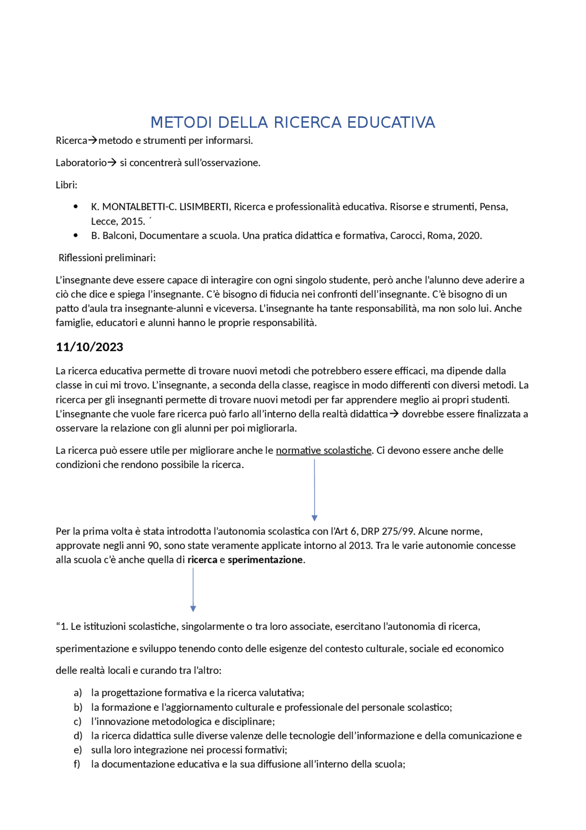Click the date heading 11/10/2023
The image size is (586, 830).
coord(89,347)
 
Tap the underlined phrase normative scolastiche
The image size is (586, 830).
coord(323,450)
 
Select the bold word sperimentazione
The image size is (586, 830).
coord(265,560)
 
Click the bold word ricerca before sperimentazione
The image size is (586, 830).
coord(202,560)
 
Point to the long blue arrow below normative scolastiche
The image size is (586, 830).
coord(315,490)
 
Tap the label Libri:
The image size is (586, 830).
coord(66,185)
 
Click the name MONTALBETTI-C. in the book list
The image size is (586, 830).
coord(139,207)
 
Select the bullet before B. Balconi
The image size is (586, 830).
coord(76,236)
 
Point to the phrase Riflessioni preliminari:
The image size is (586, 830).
coord(107,258)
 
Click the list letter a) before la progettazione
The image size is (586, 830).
coord(78,693)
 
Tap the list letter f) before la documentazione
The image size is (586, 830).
coord(77,764)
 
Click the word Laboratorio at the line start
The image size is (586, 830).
coord(81,163)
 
